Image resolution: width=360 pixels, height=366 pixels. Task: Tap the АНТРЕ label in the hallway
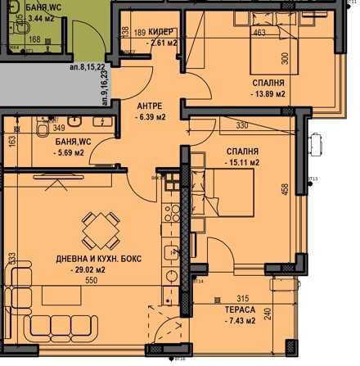[150, 106]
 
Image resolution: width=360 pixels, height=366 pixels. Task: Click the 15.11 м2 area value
[241, 163]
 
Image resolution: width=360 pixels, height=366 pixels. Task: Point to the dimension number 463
[260, 34]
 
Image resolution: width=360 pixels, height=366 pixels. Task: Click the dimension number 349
[58, 128]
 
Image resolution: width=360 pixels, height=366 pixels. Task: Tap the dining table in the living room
[98, 224]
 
